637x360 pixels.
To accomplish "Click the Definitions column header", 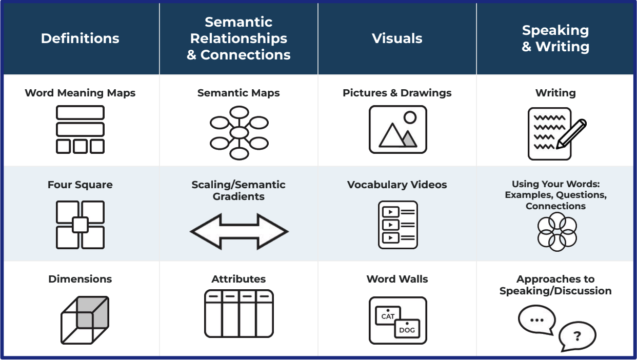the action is coord(80,38).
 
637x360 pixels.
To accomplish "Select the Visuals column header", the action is coord(397,38).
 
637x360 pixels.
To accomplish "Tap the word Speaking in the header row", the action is coord(555,30).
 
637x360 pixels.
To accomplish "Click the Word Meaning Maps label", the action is coord(80,93).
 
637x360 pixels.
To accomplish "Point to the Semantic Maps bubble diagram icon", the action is coord(239,133).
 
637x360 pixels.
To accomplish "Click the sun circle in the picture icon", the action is coord(410,117).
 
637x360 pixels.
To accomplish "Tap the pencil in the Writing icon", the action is coord(571,134).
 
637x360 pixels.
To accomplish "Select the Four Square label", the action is coord(80,185).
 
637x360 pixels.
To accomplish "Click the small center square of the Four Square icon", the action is coord(80,225).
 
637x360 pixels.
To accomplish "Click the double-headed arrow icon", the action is coord(239,231).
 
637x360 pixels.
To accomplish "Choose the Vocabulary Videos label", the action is coord(397,185).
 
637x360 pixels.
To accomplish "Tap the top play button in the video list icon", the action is coord(390,212).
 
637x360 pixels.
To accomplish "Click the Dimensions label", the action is coord(80,279).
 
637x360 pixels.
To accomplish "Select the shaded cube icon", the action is coord(85,320).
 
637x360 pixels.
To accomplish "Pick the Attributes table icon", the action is coord(239,314).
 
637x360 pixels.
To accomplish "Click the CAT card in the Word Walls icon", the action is coord(388,315).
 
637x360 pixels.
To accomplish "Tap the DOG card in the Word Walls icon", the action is coord(407,329).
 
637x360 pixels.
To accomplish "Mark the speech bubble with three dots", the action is coord(537,319).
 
